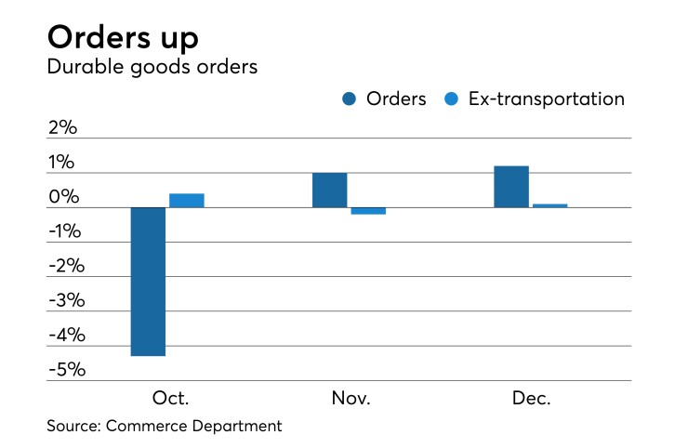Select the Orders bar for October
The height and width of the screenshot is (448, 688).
click(x=148, y=282)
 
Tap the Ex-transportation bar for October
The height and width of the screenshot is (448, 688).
click(x=186, y=200)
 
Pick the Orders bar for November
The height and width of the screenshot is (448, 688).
click(x=329, y=190)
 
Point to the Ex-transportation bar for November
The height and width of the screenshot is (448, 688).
click(x=367, y=211)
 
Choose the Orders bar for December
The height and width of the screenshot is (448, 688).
click(x=510, y=187)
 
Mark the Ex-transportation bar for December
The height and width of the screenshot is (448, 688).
click(x=549, y=205)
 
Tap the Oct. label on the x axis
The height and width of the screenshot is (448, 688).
click(x=170, y=399)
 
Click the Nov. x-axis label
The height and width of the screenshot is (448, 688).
click(x=351, y=399)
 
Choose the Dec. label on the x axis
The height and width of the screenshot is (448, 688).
click(x=531, y=399)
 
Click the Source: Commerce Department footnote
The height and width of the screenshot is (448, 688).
click(x=164, y=427)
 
